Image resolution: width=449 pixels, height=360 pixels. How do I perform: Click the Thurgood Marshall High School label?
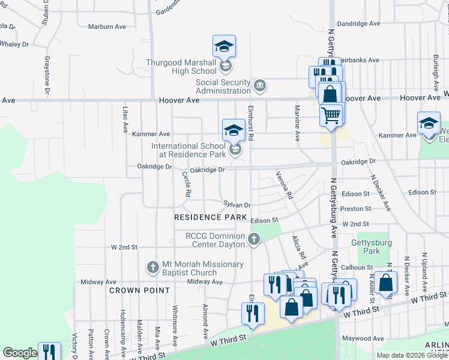181,67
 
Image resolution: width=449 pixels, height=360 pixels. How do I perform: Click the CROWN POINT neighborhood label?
133,290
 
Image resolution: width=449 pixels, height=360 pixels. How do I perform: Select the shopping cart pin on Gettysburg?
331,115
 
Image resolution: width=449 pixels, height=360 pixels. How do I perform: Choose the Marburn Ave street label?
107,27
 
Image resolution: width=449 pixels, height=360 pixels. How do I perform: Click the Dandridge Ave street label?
359,24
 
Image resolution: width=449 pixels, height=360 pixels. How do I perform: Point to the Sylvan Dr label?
237,205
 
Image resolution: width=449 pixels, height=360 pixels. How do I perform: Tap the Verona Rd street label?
283,185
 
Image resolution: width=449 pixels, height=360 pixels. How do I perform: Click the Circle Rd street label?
186,185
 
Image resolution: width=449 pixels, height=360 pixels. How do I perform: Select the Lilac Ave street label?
125,119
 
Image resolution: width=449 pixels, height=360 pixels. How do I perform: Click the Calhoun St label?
357,268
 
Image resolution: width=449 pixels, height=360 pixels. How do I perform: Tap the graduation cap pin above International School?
234,130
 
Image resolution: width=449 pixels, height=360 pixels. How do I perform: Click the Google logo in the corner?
20,353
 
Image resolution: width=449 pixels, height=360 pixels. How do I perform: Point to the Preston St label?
355,209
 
